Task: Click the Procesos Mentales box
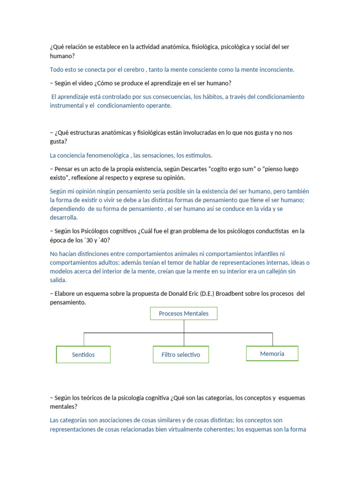point(183,314)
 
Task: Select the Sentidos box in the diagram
point(83,355)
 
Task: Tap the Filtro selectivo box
point(180,355)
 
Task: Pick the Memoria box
point(272,354)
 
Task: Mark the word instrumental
point(69,106)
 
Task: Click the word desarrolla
point(64,218)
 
